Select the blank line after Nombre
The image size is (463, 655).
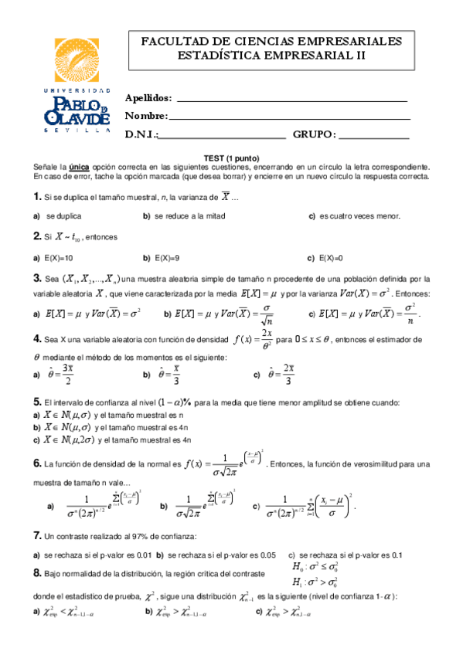point(289,117)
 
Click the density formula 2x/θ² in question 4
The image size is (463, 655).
point(255,339)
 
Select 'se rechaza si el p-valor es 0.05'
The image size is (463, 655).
point(222,555)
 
